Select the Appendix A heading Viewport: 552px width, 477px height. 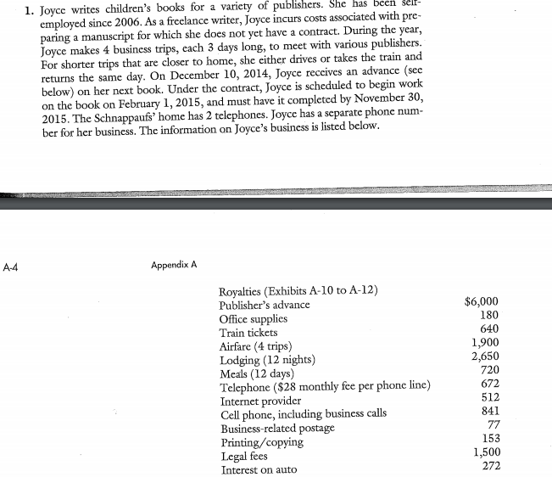175,264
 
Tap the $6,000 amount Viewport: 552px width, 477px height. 487,301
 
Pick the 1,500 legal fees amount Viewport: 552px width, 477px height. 489,453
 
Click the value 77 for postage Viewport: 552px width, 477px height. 497,425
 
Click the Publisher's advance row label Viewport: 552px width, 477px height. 265,305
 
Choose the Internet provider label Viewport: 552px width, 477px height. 260,401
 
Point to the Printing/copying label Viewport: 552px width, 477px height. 262,442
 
